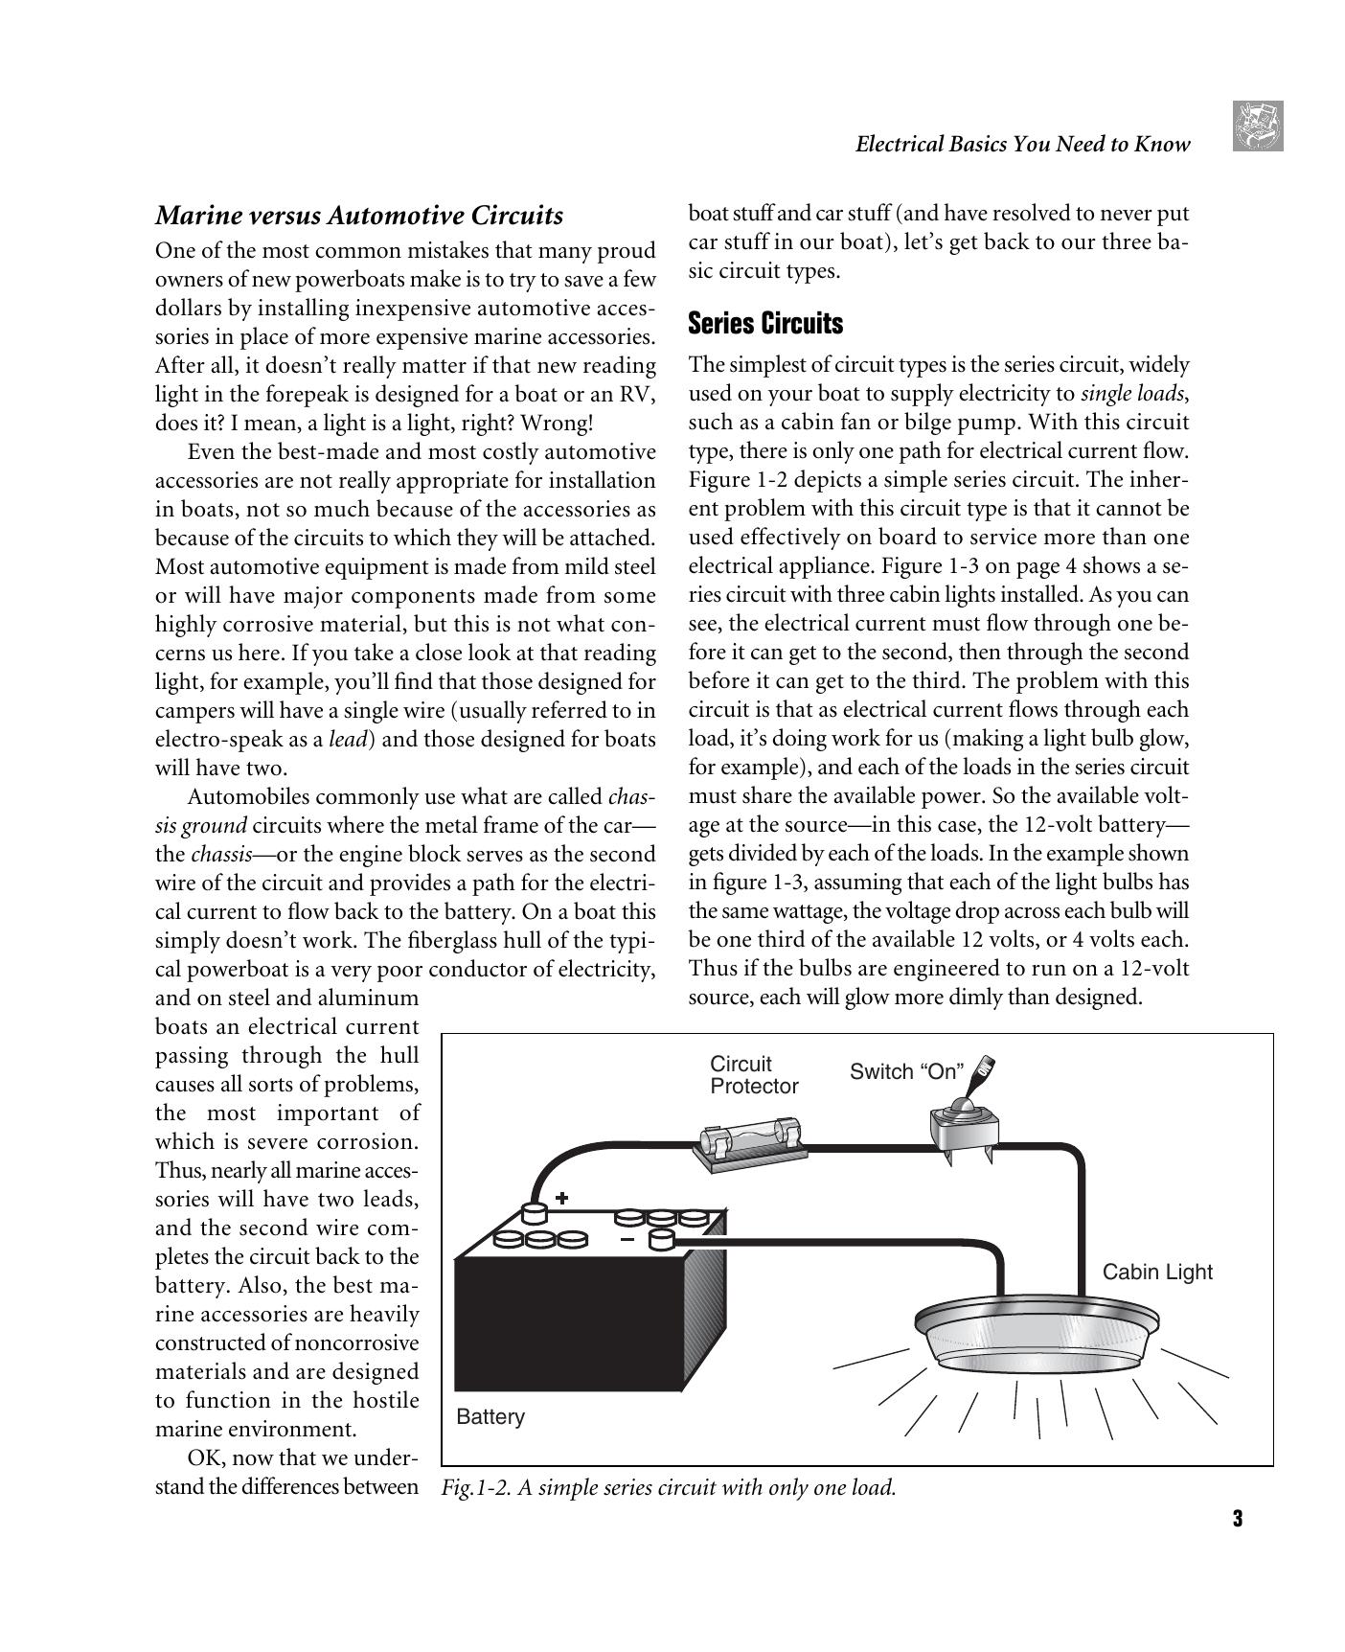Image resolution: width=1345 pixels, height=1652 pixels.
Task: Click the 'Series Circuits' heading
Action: coord(765,324)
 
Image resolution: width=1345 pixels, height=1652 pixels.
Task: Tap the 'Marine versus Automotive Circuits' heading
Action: coord(359,215)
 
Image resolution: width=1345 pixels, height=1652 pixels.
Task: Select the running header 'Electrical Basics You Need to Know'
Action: coord(1022,145)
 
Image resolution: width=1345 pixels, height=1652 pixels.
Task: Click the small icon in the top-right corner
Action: coord(1258,126)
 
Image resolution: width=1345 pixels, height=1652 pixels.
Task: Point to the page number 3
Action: coord(1237,1519)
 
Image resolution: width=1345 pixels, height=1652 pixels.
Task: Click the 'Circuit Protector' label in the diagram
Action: coord(753,1075)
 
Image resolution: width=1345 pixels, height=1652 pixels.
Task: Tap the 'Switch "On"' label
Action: coord(906,1071)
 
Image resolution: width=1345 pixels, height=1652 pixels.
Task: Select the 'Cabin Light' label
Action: coord(1156,1272)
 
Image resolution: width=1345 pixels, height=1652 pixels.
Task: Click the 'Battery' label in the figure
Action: coord(490,1416)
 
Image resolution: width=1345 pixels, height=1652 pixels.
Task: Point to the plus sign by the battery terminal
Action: coord(562,1197)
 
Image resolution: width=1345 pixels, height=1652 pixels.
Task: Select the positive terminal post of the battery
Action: coord(533,1212)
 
